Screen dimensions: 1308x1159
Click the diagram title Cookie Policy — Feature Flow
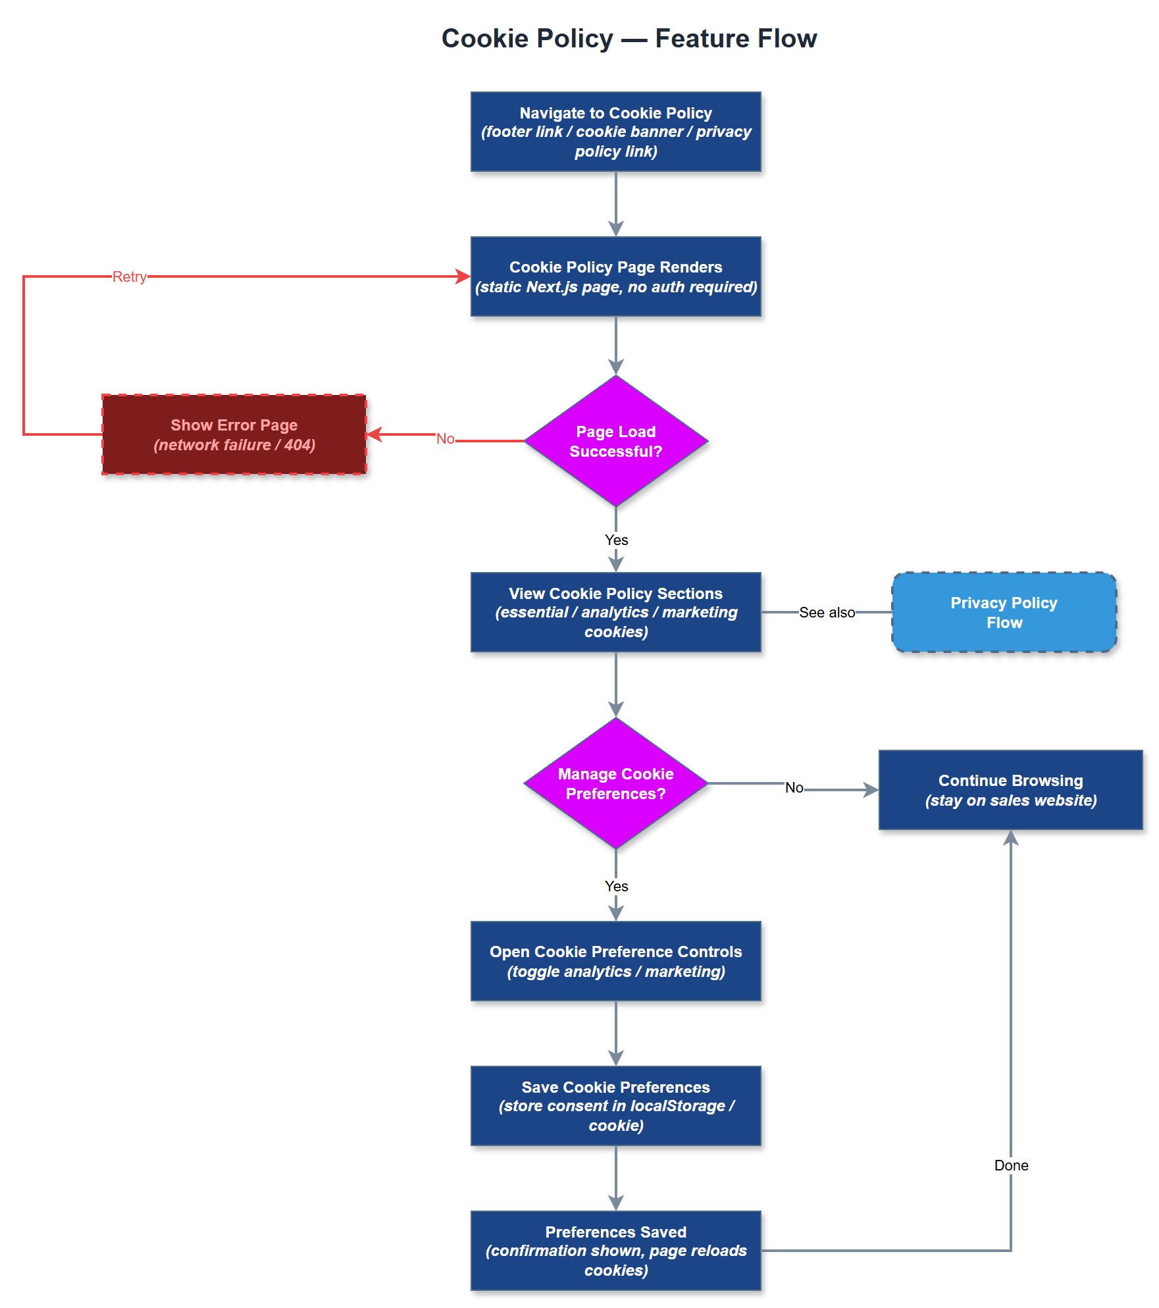pos(629,38)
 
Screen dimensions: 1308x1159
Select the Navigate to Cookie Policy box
pos(615,132)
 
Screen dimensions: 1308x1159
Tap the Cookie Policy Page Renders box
pos(615,276)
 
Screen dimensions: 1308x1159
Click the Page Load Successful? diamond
pos(615,441)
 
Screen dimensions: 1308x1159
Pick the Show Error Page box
pos(234,434)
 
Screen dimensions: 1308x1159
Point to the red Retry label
pos(129,276)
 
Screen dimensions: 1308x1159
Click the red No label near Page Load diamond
pos(446,439)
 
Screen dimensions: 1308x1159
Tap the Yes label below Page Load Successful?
pos(616,540)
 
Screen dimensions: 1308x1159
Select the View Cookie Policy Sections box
pos(615,612)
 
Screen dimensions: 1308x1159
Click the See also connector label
pos(827,612)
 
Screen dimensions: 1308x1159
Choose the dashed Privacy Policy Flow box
pos(1004,612)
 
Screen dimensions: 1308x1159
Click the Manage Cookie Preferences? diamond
pos(615,783)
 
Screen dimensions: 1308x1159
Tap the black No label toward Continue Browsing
pos(794,787)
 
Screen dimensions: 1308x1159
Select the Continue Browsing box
pos(1010,790)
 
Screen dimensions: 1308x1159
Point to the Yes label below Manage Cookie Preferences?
pos(616,886)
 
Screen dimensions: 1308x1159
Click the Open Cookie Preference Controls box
pos(615,961)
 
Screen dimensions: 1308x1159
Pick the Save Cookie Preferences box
pos(615,1106)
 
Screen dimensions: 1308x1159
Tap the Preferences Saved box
pos(615,1251)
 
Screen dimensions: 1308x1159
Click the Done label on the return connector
pos(1011,1165)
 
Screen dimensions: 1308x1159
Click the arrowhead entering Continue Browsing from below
pos(1011,838)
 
